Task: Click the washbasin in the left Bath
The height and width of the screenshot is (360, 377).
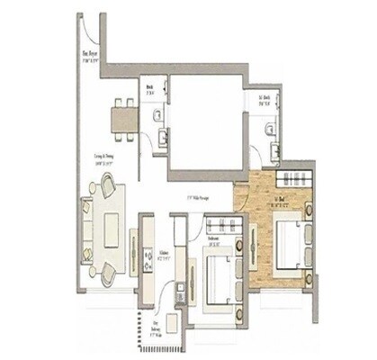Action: click(163, 137)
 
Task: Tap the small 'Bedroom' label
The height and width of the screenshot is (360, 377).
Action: click(215, 240)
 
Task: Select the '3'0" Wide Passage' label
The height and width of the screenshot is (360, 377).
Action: click(197, 198)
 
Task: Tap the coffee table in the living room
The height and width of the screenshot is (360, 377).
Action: click(112, 230)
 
